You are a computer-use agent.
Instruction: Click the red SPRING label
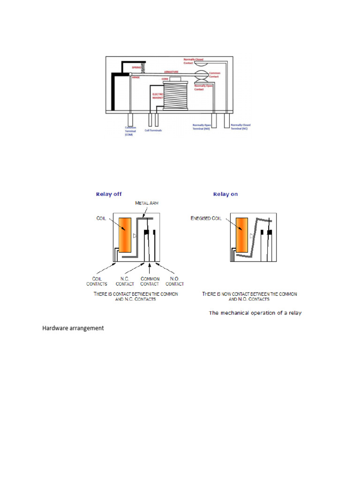point(137,68)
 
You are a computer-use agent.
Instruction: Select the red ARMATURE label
point(172,72)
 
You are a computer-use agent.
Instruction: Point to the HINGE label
point(136,77)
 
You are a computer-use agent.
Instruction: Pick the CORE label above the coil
point(165,79)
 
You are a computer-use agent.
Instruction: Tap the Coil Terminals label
point(153,130)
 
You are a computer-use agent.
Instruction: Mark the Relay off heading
point(110,194)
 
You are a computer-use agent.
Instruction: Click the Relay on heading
point(225,194)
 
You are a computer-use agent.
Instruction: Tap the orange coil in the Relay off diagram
point(125,235)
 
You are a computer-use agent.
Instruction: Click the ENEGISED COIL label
point(207,218)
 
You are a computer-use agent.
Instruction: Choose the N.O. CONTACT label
point(174,281)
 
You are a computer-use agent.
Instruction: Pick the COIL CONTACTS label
point(97,281)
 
